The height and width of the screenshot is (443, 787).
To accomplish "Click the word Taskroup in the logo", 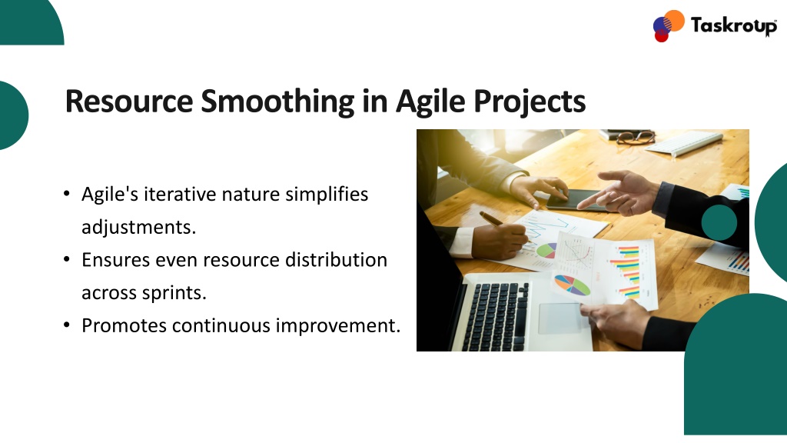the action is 733,25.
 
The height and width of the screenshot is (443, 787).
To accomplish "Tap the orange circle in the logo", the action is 674,21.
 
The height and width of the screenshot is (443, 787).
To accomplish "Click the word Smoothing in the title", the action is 278,102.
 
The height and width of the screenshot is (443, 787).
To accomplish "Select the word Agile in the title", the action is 430,102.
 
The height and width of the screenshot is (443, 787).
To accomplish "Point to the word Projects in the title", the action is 530,102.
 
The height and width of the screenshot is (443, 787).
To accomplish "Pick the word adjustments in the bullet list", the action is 138,227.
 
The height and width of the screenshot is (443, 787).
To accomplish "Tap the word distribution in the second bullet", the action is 336,260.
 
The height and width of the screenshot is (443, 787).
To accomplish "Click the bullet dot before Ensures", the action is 67,260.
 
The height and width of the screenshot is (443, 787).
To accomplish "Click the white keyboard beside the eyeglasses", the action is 683,142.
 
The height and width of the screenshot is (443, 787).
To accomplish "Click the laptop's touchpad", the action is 562,318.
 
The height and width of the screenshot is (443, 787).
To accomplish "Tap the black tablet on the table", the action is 577,200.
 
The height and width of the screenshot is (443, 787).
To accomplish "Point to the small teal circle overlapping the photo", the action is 719,222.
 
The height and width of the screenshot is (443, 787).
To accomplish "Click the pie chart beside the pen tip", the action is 546,250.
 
